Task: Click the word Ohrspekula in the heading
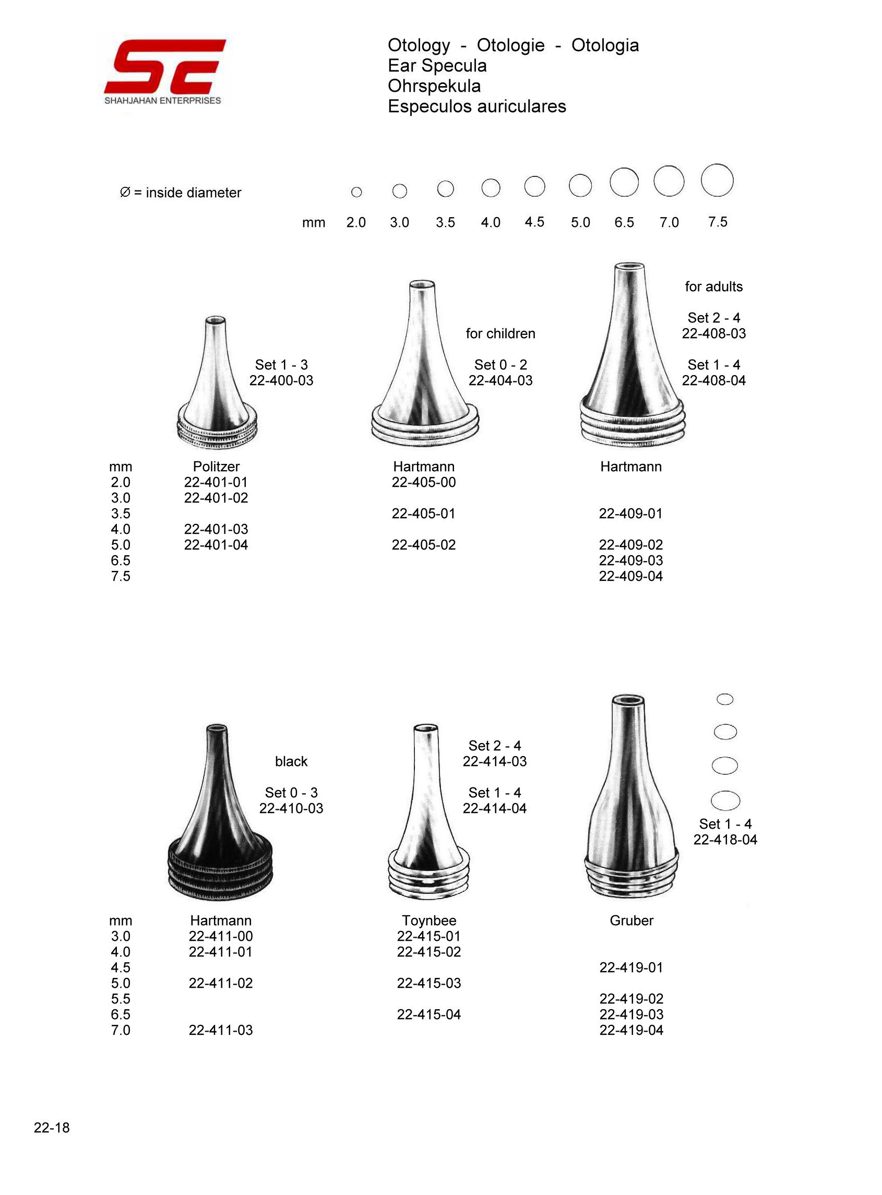coord(434,86)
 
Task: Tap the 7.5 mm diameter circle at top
coord(717,181)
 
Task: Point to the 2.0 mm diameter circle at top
coord(356,192)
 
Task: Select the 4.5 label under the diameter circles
coord(534,222)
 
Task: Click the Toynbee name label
coord(429,920)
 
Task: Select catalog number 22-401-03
coord(216,529)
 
